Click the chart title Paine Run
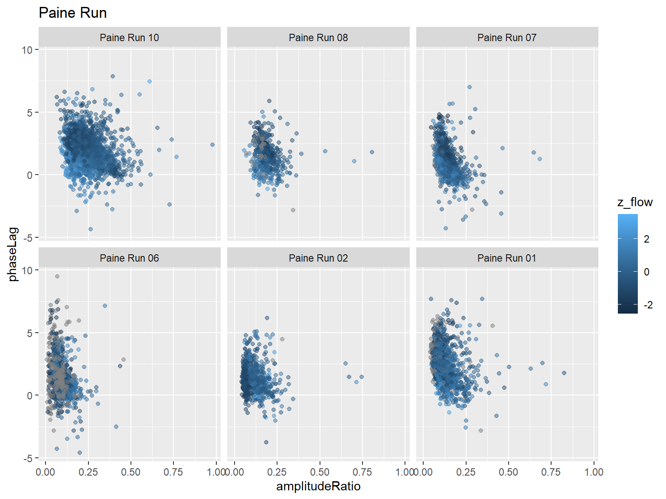72,13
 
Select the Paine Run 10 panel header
129,38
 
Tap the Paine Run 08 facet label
318,38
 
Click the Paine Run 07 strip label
507,38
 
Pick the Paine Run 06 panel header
129,258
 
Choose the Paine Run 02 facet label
318,258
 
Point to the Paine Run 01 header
507,258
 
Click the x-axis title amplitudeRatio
318,486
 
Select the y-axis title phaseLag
13,254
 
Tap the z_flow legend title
635,202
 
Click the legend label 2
646,239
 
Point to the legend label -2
648,305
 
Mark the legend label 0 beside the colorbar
646,272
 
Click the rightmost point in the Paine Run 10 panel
212,145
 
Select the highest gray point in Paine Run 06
57,276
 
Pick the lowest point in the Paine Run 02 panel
266,442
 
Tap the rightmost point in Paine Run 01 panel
564,373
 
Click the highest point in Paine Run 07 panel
469,87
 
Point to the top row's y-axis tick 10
27,50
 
